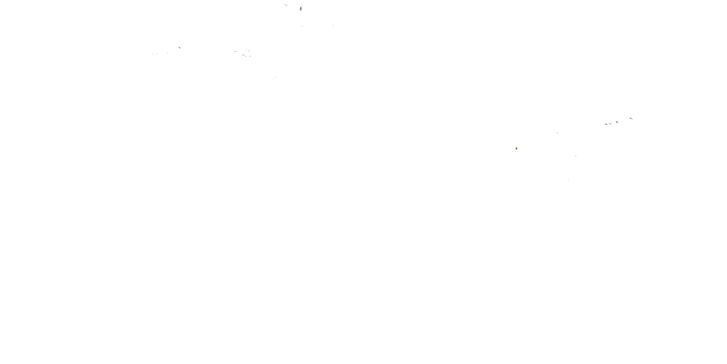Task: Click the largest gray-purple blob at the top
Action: coord(301,8)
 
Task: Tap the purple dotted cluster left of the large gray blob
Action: coord(286,5)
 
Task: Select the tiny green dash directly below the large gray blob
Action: coord(302,26)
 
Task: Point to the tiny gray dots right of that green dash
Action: coord(333,26)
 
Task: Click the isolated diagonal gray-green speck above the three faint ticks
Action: coord(180,48)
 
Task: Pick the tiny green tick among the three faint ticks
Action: coord(167,53)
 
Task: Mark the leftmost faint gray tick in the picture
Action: coord(153,54)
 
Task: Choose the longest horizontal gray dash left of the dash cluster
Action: coord(235,51)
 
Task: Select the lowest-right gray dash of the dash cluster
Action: coord(250,56)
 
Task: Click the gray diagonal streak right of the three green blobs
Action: coord(631,118)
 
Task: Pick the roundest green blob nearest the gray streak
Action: coord(617,122)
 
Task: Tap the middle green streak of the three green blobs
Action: coord(610,124)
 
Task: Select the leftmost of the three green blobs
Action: coord(606,124)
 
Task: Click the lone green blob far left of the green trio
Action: coord(516,148)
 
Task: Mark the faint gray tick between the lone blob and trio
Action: coord(557,132)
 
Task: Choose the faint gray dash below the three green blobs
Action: coord(575,156)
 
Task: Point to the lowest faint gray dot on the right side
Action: coord(568,180)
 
